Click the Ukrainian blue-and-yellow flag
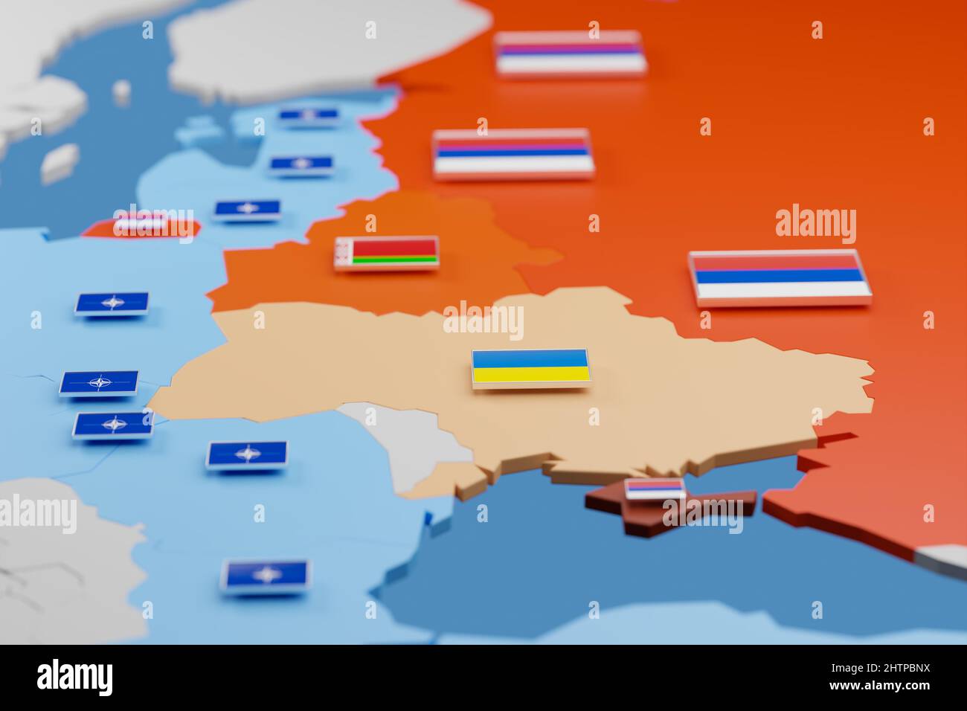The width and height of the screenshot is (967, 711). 531,367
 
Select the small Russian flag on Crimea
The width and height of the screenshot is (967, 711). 655,489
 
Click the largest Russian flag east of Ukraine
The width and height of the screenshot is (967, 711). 779,277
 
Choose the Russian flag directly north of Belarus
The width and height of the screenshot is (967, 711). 513,153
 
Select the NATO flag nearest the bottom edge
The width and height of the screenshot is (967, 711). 266,574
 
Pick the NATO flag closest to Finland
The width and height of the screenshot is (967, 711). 309,115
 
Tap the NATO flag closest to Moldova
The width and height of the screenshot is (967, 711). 246,453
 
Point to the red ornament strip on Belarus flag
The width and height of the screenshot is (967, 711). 342,253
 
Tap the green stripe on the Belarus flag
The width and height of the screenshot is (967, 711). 394,260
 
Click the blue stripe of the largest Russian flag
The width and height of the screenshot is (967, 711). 780,276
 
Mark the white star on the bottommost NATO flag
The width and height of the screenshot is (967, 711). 266,574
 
